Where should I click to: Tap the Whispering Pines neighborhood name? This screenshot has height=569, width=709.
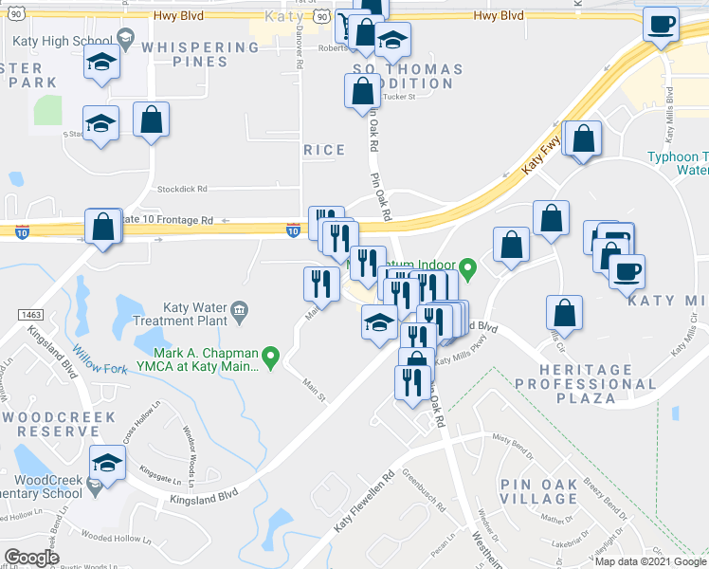pos(187,54)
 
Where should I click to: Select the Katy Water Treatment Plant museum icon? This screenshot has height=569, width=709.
pos(240,310)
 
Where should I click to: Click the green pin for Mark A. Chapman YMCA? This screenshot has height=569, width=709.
pos(271,358)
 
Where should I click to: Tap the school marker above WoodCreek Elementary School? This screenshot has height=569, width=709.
pos(107,465)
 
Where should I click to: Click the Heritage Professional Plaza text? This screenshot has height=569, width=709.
pos(586,377)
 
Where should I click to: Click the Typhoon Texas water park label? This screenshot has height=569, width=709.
pos(677,163)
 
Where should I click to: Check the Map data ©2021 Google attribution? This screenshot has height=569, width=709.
pos(649,561)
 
